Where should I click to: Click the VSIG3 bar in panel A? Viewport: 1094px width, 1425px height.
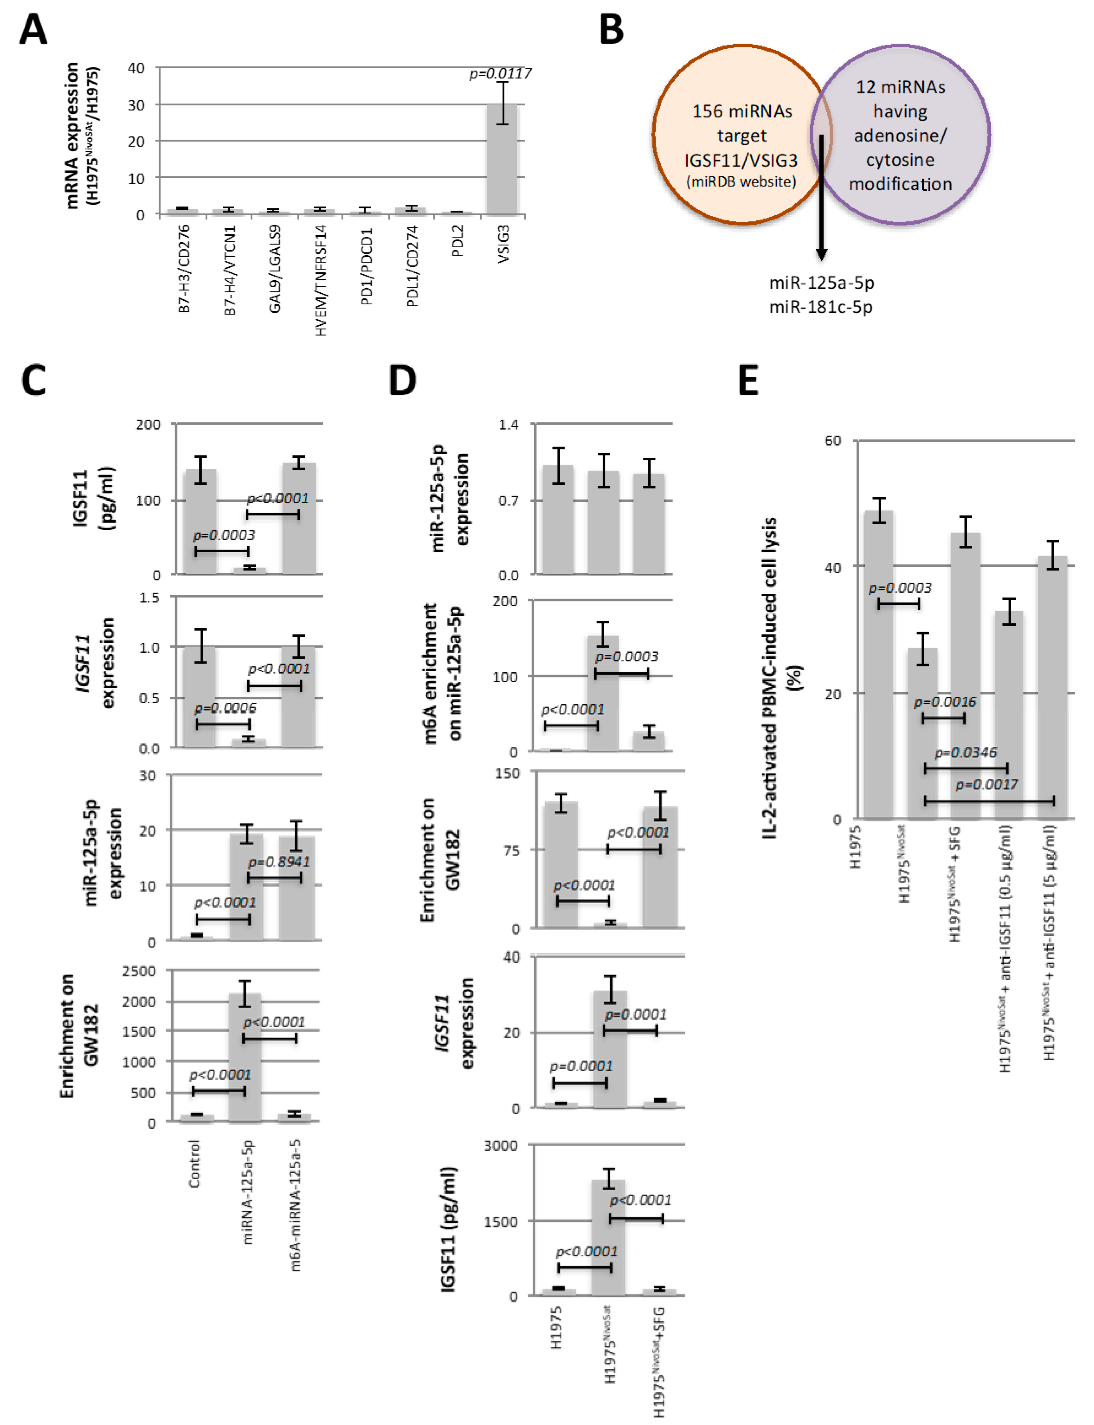click(x=502, y=160)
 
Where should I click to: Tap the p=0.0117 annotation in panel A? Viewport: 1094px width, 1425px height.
click(x=500, y=73)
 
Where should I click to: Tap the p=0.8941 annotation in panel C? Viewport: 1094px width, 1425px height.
click(x=279, y=862)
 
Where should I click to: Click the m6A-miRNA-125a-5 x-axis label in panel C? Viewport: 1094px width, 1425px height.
click(x=296, y=1204)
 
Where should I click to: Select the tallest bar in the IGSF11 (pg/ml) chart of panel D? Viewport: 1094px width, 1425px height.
click(x=608, y=1237)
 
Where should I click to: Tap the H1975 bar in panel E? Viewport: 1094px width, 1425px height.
click(x=878, y=664)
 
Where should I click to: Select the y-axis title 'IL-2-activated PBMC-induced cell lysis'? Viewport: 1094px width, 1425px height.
click(x=770, y=677)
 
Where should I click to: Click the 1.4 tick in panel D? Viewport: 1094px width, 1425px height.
click(x=508, y=425)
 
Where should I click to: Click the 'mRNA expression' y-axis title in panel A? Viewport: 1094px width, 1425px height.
click(x=72, y=135)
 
